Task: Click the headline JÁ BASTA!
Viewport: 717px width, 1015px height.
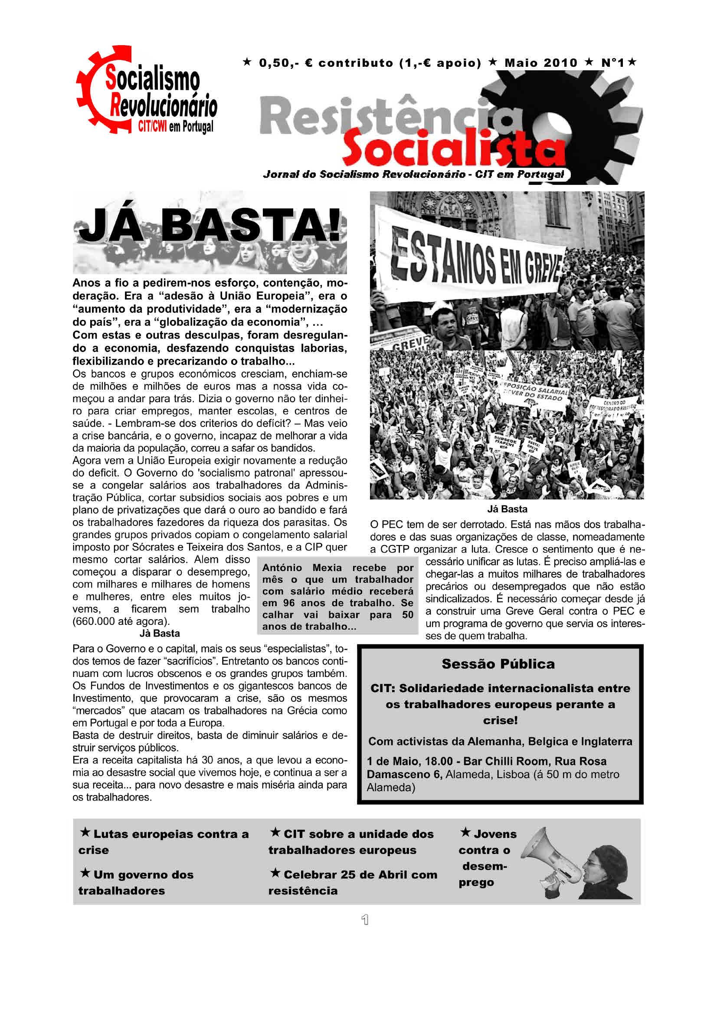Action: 210,226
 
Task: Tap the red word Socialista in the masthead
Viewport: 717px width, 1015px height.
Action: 453,148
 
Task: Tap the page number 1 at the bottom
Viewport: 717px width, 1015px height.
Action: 364,920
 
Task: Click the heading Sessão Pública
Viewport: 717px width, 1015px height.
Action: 498,664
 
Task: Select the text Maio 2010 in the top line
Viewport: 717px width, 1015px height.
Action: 541,63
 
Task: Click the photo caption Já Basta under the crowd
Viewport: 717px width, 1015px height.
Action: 507,509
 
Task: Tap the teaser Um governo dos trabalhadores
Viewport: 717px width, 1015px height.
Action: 136,882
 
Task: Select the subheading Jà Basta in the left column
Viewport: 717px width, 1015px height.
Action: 160,634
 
